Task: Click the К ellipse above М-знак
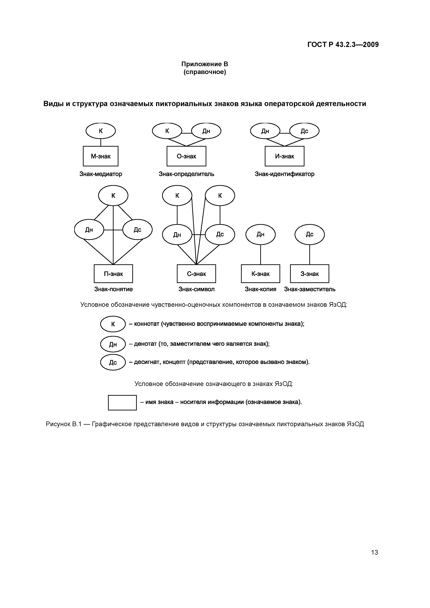(101, 131)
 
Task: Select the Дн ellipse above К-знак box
(260, 234)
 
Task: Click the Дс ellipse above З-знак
(309, 234)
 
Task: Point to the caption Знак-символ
(196, 289)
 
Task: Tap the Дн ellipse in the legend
(113, 344)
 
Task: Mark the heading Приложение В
(205, 64)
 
